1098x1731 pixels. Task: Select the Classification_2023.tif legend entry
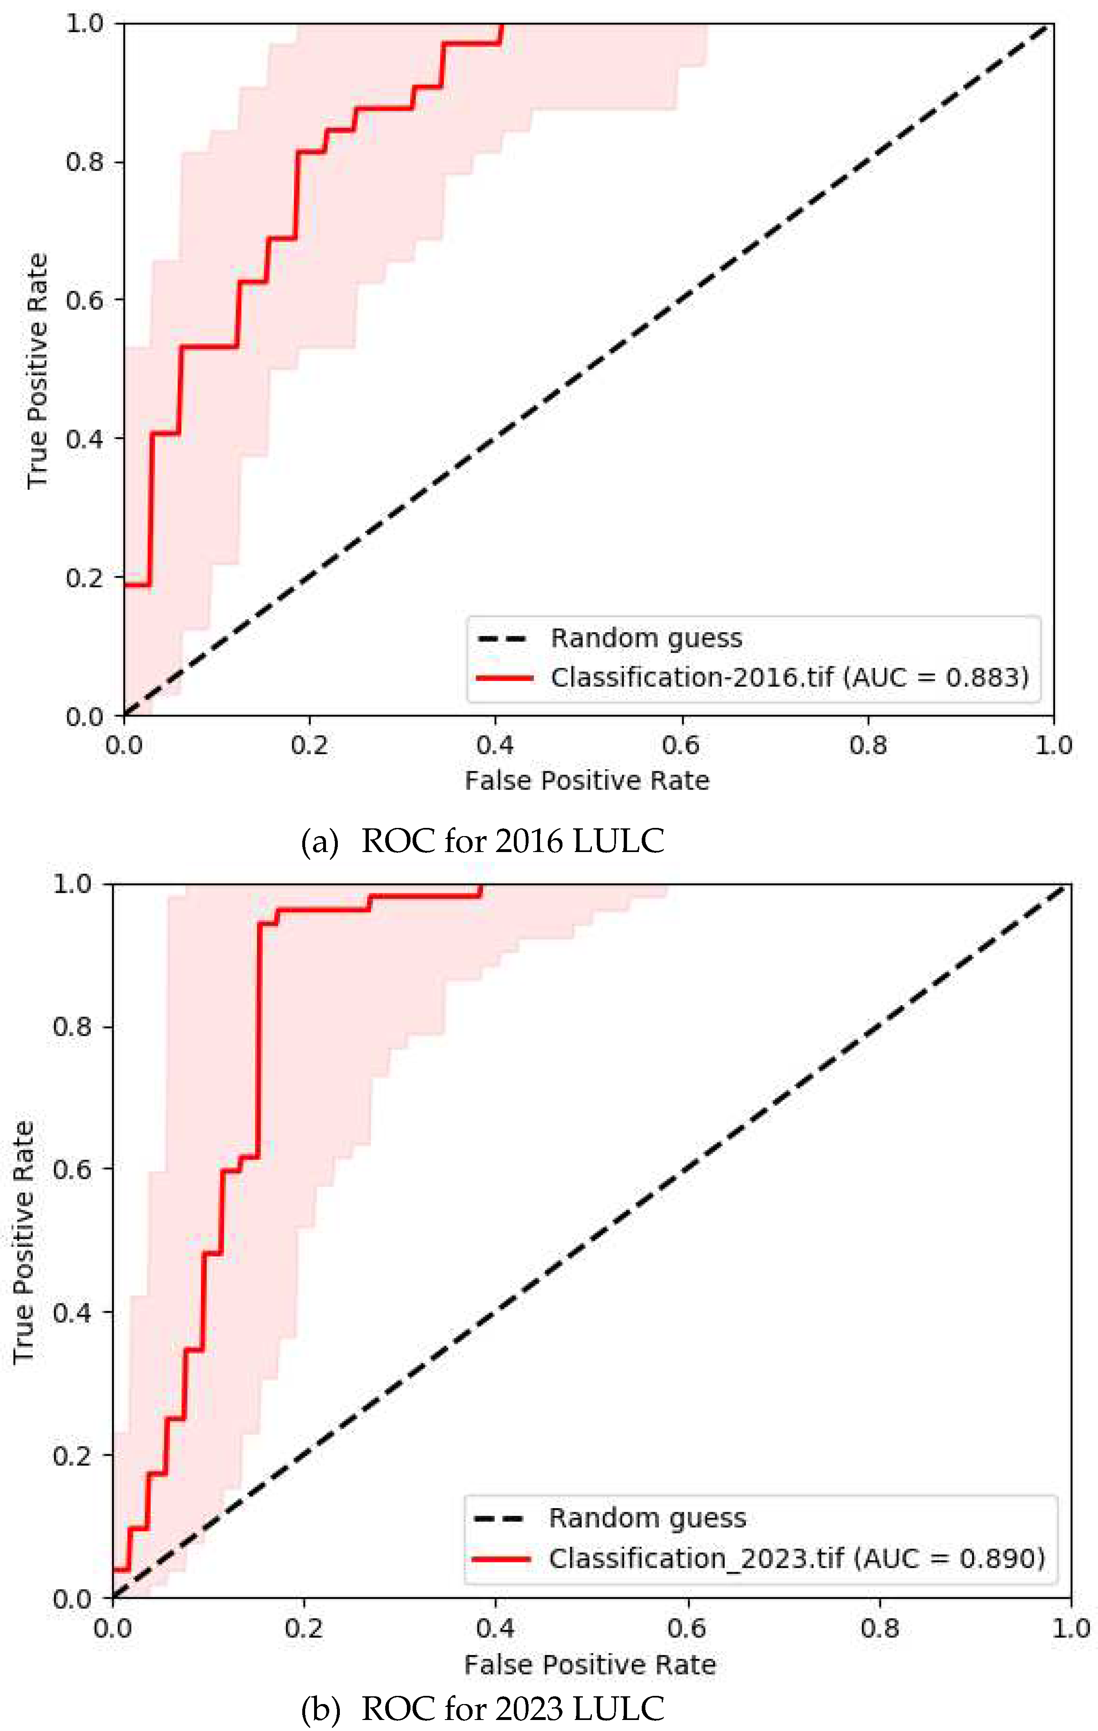[x=796, y=1558]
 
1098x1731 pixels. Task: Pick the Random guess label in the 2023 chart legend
[x=647, y=1517]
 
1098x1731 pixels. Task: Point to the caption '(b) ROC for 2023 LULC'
[x=482, y=1709]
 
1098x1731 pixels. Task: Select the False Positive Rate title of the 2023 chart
[x=589, y=1665]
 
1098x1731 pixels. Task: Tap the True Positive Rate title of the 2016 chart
[x=38, y=370]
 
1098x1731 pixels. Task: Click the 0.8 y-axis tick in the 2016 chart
[x=85, y=162]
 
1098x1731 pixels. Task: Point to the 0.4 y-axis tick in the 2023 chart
[x=72, y=1312]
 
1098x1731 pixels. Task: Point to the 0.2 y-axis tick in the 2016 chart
[x=85, y=577]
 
